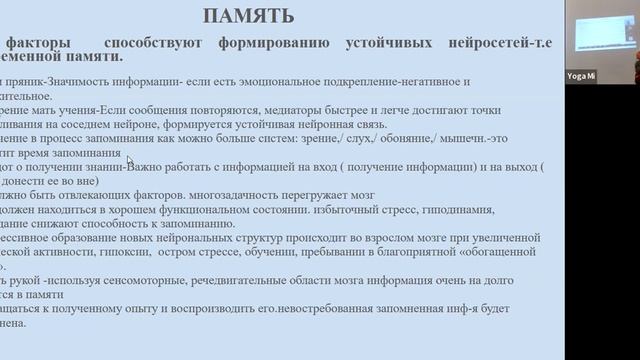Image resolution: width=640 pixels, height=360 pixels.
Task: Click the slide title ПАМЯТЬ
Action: pyautogui.click(x=249, y=15)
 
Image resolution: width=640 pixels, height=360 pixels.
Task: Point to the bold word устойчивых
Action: pyautogui.click(x=375, y=43)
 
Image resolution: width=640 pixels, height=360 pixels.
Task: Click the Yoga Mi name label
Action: pyautogui.click(x=581, y=75)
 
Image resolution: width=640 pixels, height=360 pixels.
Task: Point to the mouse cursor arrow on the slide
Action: pyautogui.click(x=130, y=159)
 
